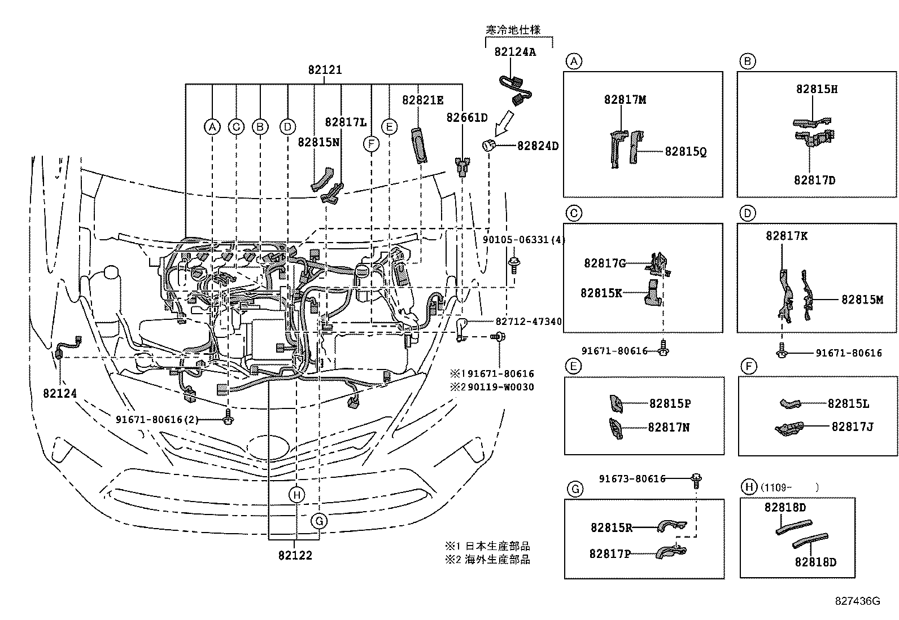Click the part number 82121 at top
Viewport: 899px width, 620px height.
pyautogui.click(x=325, y=71)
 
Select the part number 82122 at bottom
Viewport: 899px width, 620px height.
pyautogui.click(x=295, y=555)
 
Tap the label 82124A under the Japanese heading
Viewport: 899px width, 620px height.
pyautogui.click(x=515, y=52)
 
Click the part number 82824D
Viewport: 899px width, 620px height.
pyautogui.click(x=538, y=146)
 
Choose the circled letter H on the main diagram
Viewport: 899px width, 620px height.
pyautogui.click(x=296, y=495)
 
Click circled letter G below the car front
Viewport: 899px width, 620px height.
pyautogui.click(x=319, y=520)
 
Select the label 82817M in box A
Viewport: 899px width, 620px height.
pyautogui.click(x=625, y=100)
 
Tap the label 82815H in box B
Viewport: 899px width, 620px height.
pyautogui.click(x=817, y=89)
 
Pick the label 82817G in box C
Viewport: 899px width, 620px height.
pyautogui.click(x=605, y=263)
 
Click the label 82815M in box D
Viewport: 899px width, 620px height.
pyautogui.click(x=862, y=300)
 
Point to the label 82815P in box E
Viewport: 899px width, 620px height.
pyautogui.click(x=670, y=404)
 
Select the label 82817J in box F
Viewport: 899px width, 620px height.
pyautogui.click(x=852, y=427)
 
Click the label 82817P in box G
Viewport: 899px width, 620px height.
pyautogui.click(x=610, y=554)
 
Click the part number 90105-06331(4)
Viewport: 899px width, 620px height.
pyautogui.click(x=523, y=240)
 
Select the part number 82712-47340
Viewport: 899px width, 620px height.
pyautogui.click(x=529, y=322)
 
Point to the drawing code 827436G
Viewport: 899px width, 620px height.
pyautogui.click(x=858, y=601)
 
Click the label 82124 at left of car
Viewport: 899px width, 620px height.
pyautogui.click(x=59, y=393)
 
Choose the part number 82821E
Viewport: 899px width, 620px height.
pyautogui.click(x=422, y=100)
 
